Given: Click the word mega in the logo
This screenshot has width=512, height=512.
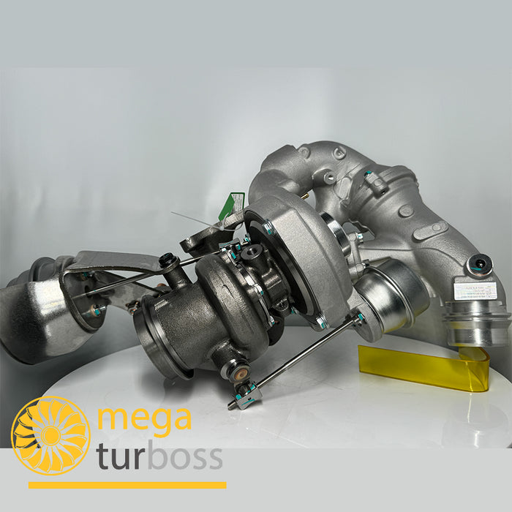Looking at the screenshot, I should tap(144, 418).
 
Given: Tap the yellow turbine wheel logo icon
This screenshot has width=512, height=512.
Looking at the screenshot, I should tap(50, 436).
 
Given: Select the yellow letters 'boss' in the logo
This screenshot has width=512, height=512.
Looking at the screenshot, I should tap(180, 457).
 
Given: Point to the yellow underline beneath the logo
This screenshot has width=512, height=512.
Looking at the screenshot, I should tap(127, 485).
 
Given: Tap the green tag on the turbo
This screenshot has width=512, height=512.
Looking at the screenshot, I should tap(231, 206).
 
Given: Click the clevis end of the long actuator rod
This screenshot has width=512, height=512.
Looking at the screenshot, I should tap(246, 396).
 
